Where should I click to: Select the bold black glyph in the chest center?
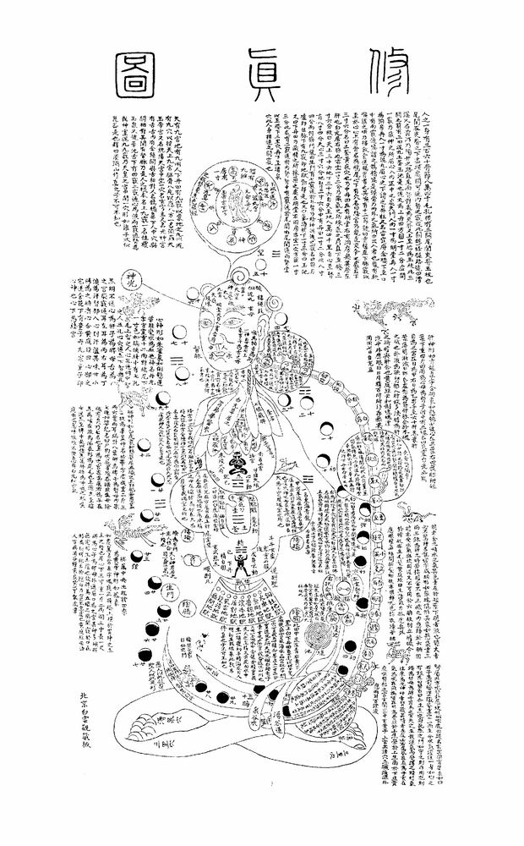click(x=240, y=462)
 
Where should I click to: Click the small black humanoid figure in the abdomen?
click(x=244, y=560)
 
